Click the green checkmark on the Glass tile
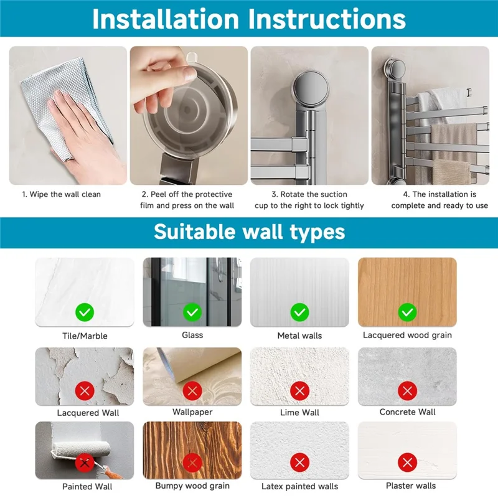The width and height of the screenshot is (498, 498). (x=192, y=312)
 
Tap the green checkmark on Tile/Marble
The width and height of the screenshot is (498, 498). (x=85, y=312)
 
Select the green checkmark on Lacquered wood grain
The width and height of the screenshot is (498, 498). (x=408, y=312)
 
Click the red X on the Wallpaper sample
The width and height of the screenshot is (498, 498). (x=192, y=391)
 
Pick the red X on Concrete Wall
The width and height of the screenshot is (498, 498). (x=408, y=391)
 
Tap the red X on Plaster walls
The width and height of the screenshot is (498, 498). (x=408, y=463)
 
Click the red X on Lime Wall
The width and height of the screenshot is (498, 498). (x=300, y=391)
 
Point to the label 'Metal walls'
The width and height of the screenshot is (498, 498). (x=299, y=336)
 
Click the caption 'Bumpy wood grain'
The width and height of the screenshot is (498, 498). (x=192, y=486)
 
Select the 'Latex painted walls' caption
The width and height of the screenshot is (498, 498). (x=300, y=486)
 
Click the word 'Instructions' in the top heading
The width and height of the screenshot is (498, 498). (x=326, y=19)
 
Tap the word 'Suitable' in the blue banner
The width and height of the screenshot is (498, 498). (x=195, y=232)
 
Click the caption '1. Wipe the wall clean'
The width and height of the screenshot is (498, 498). (x=61, y=194)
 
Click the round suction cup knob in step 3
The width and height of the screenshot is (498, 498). (x=311, y=86)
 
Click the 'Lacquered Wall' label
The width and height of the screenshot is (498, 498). (x=88, y=413)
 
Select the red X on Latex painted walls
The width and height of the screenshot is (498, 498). (x=300, y=463)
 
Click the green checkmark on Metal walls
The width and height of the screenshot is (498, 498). (x=300, y=312)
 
